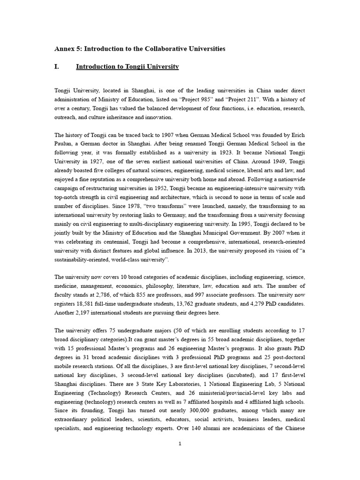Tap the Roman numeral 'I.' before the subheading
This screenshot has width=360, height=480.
[57, 67]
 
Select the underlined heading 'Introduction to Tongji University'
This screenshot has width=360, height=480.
[127, 67]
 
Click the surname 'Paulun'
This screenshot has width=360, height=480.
[64, 143]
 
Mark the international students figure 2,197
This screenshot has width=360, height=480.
[87, 312]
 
